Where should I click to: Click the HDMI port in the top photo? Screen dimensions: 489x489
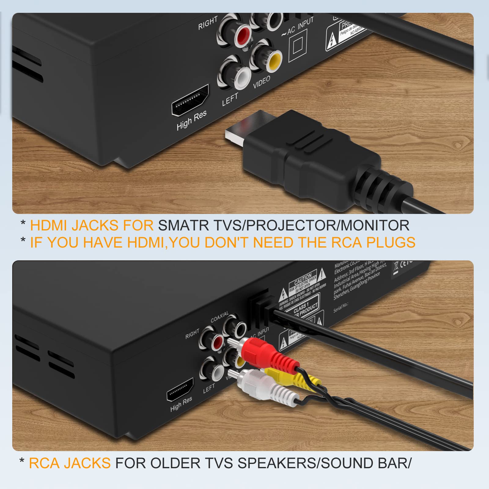190,100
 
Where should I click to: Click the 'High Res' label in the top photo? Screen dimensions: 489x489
192,120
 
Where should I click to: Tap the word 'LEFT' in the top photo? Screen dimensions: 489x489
230,99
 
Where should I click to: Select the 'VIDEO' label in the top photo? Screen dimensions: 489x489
262,82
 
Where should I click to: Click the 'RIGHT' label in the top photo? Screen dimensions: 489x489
208,23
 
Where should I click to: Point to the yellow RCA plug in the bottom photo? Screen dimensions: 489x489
293,379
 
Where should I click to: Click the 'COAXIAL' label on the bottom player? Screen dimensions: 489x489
219,317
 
